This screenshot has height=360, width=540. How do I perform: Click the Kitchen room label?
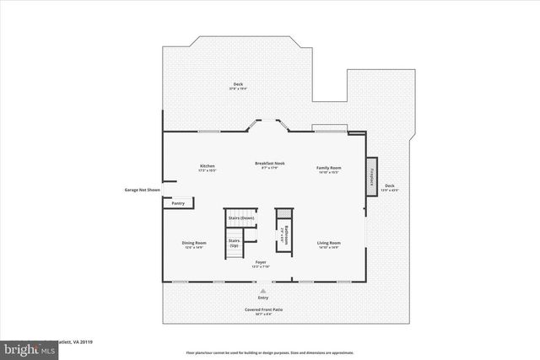pyautogui.click(x=208, y=166)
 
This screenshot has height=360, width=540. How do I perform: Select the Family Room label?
pyautogui.click(x=328, y=168)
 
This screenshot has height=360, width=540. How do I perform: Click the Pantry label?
pyautogui.click(x=178, y=203)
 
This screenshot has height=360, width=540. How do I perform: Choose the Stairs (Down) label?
pyautogui.click(x=241, y=218)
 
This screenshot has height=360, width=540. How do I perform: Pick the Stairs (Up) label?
pyautogui.click(x=234, y=243)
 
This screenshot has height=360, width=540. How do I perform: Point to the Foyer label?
pyautogui.click(x=262, y=263)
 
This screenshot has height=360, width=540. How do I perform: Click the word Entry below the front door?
pyautogui.click(x=263, y=298)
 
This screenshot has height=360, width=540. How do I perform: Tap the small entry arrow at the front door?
pyautogui.click(x=262, y=289)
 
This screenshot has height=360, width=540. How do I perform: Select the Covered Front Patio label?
pyautogui.click(x=264, y=309)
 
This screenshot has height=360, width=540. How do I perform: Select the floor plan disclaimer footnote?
pyautogui.click(x=269, y=352)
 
